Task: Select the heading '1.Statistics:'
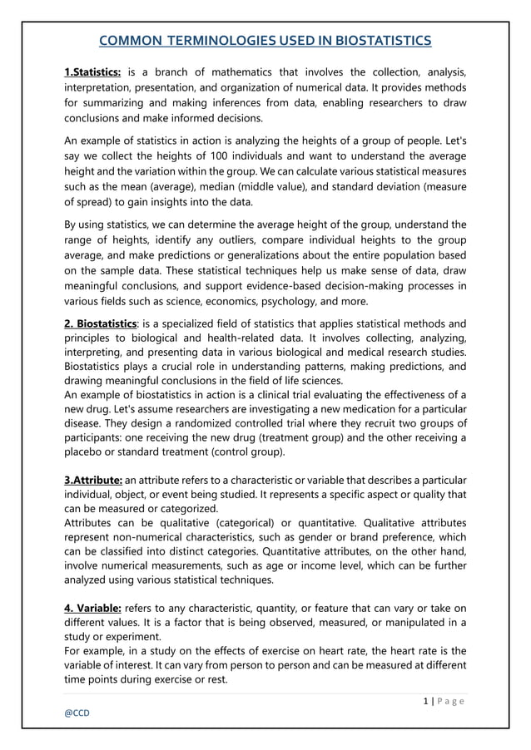(92, 72)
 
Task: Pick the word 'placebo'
(87, 453)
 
